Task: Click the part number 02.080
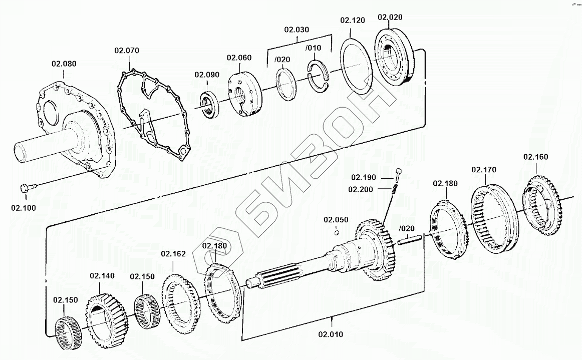64,64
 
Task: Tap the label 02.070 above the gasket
127,51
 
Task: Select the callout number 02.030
297,30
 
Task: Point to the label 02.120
353,21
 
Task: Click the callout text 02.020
390,17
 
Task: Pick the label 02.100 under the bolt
23,207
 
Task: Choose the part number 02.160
536,157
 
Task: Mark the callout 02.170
484,170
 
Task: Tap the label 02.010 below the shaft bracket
331,334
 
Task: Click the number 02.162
173,254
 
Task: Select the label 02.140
102,275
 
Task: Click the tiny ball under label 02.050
337,231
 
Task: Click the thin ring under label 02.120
356,65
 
